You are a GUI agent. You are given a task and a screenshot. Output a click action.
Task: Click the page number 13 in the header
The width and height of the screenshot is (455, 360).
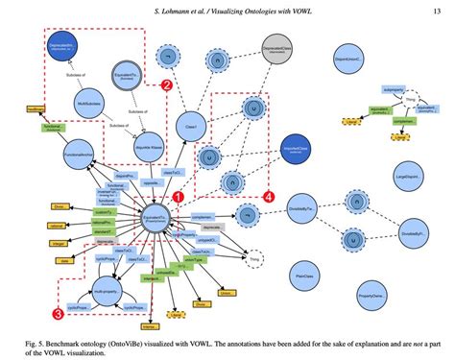[436, 9]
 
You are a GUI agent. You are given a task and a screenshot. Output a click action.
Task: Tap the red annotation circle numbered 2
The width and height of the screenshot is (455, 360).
[166, 85]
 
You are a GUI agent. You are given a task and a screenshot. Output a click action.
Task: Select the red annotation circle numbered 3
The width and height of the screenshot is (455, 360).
[59, 312]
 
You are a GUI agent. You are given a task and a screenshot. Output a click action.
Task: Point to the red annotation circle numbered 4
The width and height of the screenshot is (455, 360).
[268, 198]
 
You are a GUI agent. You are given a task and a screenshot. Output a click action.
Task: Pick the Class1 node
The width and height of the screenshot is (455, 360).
[192, 124]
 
